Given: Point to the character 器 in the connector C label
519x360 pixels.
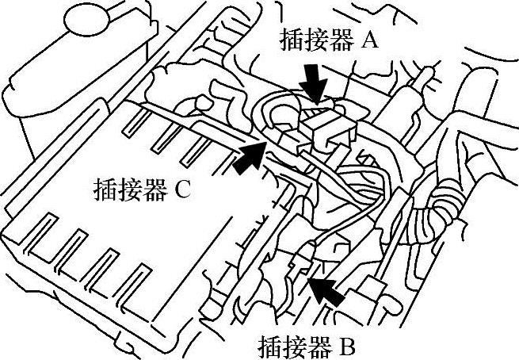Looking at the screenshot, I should coord(151,190).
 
